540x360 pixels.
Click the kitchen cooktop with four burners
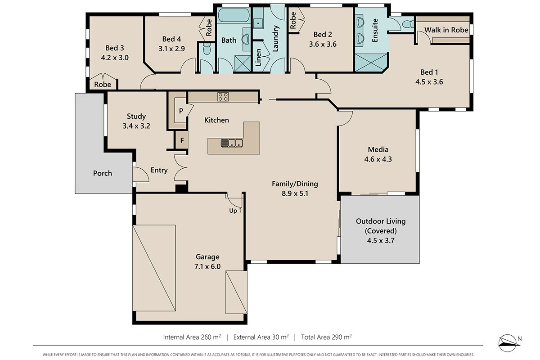click(x=223, y=97)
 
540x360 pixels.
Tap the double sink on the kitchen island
click(x=232, y=143)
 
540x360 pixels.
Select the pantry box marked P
click(x=180, y=110)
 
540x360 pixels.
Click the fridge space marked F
click(x=182, y=140)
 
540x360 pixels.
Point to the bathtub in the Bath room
click(x=234, y=15)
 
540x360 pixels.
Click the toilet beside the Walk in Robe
click(x=408, y=24)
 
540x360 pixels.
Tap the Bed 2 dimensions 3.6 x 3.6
click(x=323, y=44)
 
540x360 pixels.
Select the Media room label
click(x=378, y=149)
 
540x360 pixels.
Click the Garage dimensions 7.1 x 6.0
click(x=207, y=266)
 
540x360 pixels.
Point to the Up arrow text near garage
click(x=235, y=211)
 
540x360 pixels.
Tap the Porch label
click(x=103, y=173)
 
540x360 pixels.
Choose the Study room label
click(x=136, y=117)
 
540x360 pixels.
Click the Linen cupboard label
click(x=258, y=58)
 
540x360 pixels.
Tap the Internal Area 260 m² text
click(x=192, y=337)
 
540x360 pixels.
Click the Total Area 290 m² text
click(x=326, y=337)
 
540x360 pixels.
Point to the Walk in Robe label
click(x=446, y=30)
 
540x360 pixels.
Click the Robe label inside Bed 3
click(x=103, y=85)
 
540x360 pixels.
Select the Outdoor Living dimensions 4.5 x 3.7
click(x=381, y=240)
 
